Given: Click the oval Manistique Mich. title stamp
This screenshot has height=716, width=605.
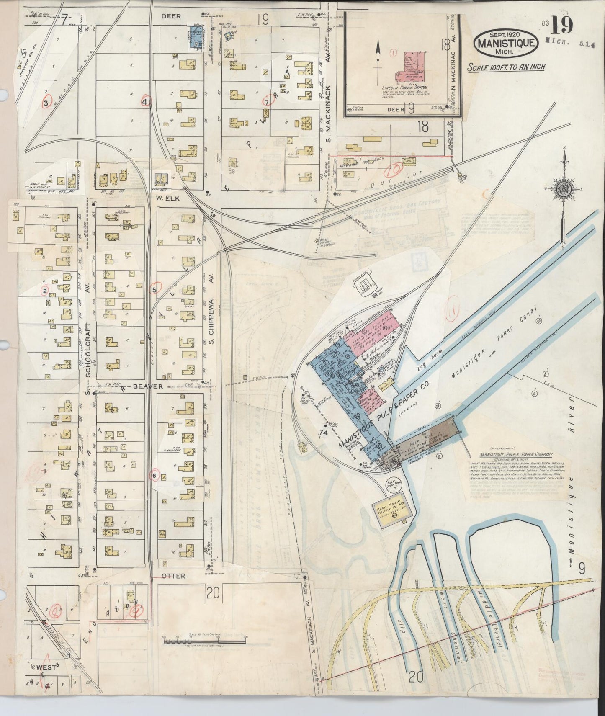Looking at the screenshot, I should tap(506, 42).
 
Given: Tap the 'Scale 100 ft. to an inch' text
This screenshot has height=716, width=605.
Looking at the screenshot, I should tap(506, 67).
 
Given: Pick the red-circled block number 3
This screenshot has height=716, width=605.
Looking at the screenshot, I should tap(46, 102).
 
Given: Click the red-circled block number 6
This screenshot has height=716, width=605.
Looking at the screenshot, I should tap(154, 476).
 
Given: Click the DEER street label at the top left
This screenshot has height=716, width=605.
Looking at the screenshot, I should tap(170, 16).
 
